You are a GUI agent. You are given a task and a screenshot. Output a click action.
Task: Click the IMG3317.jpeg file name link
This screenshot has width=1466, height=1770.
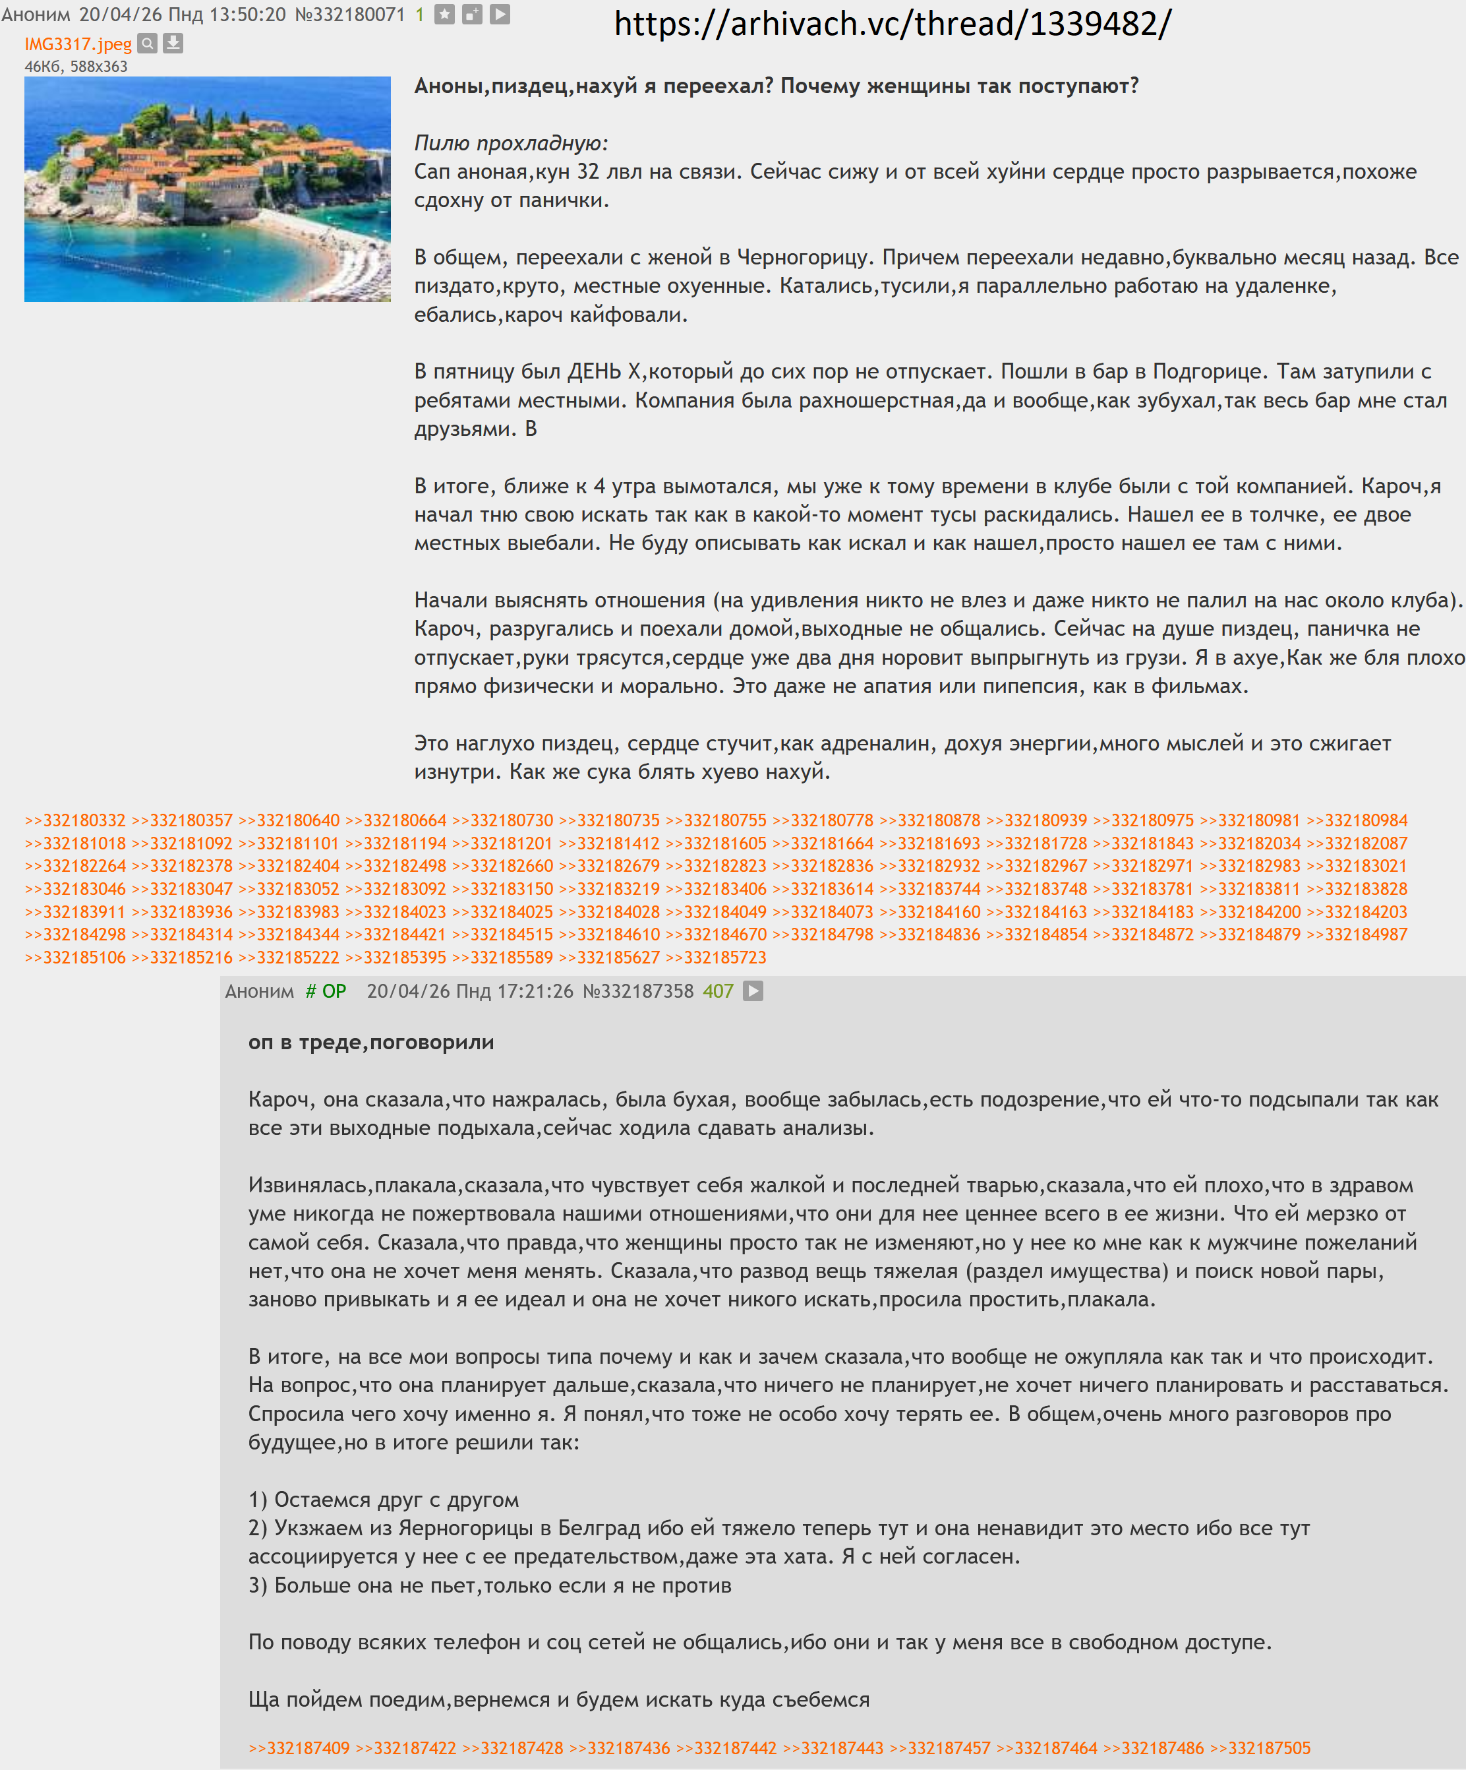point(78,44)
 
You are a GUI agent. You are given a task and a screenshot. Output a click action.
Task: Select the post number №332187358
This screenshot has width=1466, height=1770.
point(638,991)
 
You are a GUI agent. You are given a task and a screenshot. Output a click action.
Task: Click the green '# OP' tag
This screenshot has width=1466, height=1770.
point(326,991)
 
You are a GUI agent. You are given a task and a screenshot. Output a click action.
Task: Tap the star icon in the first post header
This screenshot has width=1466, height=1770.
point(445,15)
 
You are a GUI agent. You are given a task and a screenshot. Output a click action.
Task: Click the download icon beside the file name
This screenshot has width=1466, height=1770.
point(173,43)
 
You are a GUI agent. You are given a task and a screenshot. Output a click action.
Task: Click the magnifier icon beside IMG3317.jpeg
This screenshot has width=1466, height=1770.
point(148,43)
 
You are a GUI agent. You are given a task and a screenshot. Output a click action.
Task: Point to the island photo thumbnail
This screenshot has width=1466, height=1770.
point(207,189)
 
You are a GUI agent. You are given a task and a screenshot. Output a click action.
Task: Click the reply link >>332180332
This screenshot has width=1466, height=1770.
point(75,820)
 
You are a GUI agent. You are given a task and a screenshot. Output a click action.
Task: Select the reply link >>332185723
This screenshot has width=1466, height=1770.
point(715,958)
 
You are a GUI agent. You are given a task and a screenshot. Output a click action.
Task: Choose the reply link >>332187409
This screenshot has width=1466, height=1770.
point(299,1748)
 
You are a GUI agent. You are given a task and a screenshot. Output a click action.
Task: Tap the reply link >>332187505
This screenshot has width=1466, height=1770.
point(1260,1748)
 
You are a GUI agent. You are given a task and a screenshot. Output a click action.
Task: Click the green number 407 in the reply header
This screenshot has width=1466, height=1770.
point(718,991)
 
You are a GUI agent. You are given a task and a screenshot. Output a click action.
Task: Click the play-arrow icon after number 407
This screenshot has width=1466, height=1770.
point(752,991)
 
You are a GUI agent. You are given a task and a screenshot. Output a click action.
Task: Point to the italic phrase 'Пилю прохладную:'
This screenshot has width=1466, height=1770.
point(511,143)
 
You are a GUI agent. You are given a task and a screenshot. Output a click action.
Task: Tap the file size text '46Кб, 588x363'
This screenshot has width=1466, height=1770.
point(76,67)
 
